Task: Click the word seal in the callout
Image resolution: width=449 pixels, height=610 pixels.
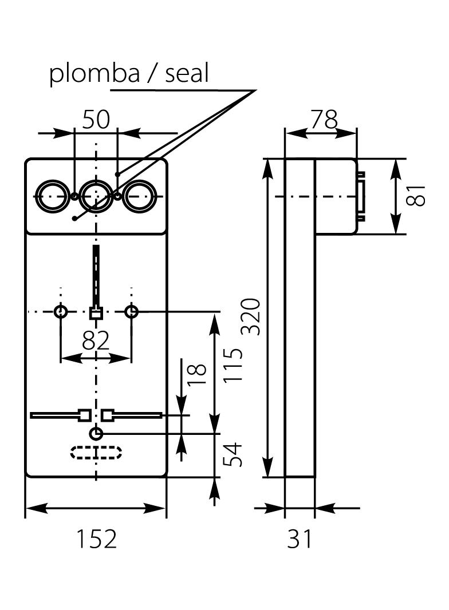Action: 187,73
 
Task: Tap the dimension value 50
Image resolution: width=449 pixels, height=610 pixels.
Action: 96,120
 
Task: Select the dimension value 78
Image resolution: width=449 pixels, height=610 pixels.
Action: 324,120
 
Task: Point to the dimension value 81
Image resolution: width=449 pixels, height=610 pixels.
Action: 419,196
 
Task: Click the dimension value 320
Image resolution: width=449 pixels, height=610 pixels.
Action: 251,316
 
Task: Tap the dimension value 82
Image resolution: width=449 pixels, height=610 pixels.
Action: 96,341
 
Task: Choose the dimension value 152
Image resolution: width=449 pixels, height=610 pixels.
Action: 96,539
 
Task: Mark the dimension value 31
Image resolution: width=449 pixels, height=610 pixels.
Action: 300,539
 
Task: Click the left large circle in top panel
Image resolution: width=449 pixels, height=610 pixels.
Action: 52,196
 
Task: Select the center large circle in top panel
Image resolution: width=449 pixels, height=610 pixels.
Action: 96,196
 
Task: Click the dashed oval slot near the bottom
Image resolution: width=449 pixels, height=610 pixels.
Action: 96,453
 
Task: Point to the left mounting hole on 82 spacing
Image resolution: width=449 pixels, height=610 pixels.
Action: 61,312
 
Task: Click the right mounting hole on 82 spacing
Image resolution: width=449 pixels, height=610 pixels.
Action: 132,312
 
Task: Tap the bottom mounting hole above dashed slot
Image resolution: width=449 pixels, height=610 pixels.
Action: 96,433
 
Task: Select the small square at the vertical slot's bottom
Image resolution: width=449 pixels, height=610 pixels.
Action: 96,313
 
